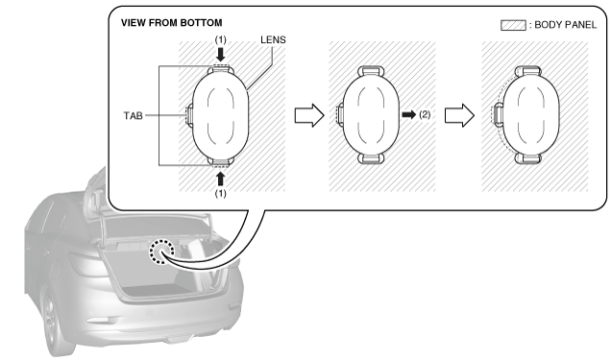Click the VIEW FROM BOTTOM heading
coord(171,23)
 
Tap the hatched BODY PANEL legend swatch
coord(513,25)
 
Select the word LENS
coord(273,39)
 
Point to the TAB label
coord(133,115)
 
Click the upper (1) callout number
coord(221,39)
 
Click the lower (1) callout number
coord(221,193)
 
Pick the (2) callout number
coord(425,114)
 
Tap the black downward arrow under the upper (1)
coord(221,55)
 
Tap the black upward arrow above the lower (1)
coord(221,179)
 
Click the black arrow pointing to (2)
coord(408,114)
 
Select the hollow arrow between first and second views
coord(309,115)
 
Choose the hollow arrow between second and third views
coord(460,115)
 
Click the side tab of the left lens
coord(189,115)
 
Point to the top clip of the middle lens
coord(371,71)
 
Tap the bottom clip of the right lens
coord(528,158)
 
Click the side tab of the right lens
coord(498,115)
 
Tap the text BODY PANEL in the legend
coord(566,25)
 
